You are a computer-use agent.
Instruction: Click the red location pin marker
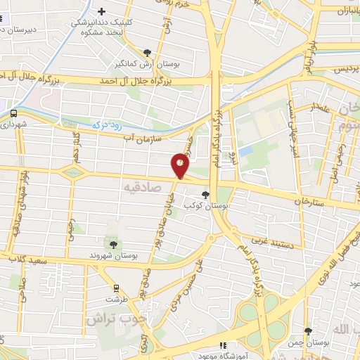[181, 165]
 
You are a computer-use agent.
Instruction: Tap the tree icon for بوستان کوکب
[205, 195]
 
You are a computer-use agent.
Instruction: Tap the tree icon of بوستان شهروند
[112, 243]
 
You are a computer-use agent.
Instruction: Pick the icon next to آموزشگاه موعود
[223, 345]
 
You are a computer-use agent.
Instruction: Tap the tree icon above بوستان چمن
[307, 331]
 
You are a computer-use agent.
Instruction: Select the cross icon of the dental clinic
[102, 12]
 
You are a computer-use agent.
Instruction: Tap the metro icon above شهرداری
[13, 112]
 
